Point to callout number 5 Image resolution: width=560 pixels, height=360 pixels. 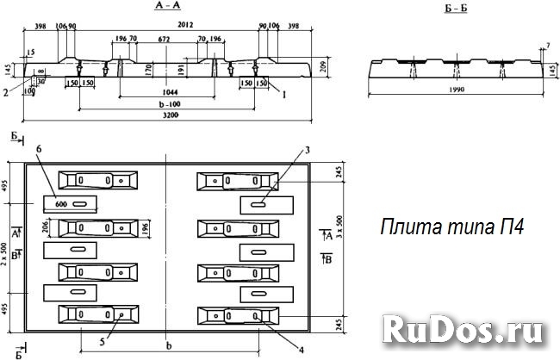(103, 341)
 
